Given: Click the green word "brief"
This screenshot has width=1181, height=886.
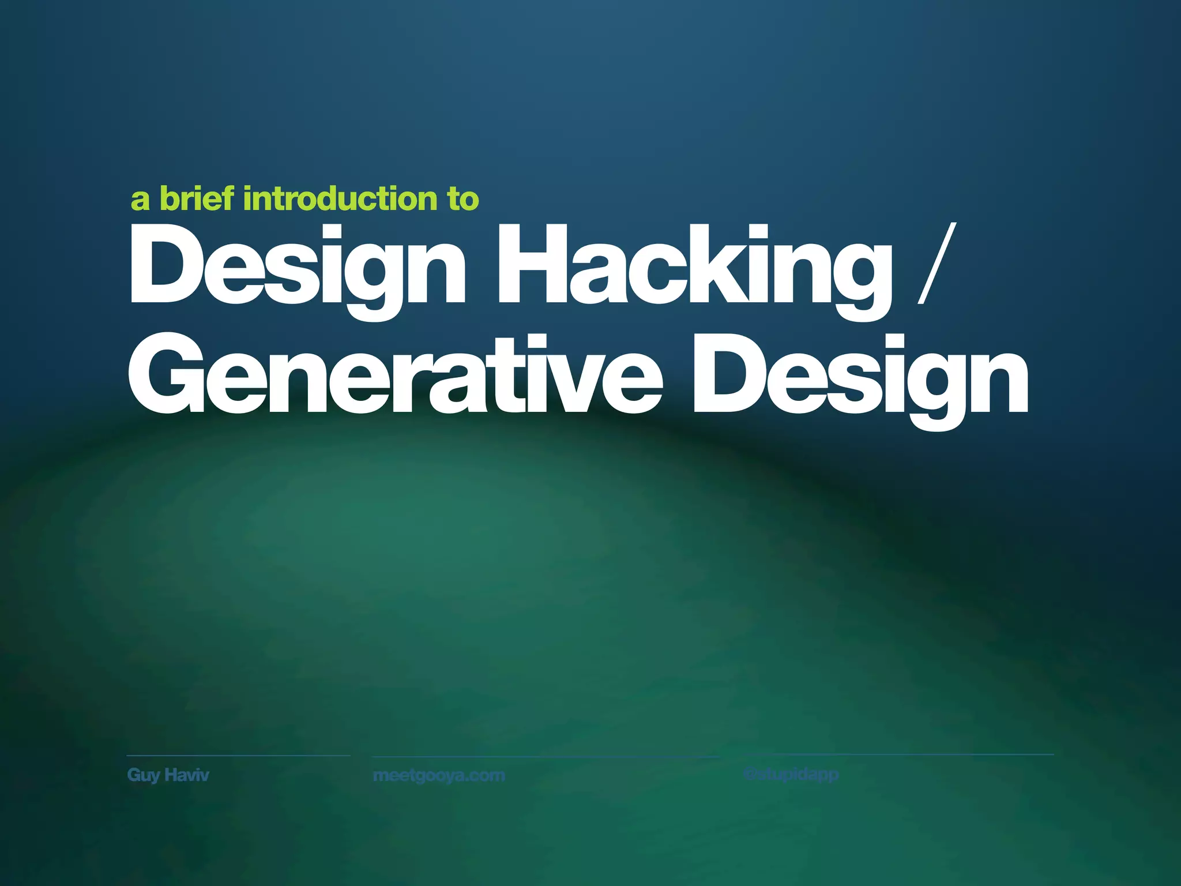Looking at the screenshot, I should (197, 198).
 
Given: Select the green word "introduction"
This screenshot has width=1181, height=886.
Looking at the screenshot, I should (340, 199).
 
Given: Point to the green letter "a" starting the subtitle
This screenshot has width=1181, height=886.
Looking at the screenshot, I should (140, 200).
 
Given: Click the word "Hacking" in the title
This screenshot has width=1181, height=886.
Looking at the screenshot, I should (694, 265).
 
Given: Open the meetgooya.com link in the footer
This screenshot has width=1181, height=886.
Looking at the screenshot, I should (439, 775).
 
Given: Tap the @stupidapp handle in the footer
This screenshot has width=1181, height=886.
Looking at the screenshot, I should (791, 774).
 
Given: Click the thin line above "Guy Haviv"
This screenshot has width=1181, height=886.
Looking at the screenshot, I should (238, 755).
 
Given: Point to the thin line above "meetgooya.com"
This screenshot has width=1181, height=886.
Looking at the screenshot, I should (545, 756).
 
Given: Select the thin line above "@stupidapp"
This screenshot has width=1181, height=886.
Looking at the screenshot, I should (898, 754).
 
